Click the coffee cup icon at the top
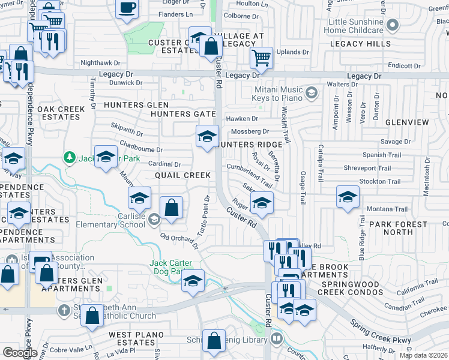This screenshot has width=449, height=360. pyautogui.click(x=127, y=8)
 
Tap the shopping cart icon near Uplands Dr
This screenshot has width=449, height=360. pyautogui.click(x=261, y=58)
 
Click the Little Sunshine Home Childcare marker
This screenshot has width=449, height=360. pyautogui.click(x=393, y=25)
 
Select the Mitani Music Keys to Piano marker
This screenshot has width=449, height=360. pyautogui.click(x=312, y=93)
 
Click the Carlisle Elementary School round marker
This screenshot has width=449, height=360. pyautogui.click(x=154, y=219)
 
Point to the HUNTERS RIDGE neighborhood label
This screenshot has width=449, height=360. pyautogui.click(x=251, y=145)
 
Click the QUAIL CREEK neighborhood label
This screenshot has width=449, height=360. pyautogui.click(x=182, y=175)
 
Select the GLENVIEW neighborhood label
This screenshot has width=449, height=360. pyautogui.click(x=408, y=122)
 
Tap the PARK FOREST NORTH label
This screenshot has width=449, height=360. pyautogui.click(x=399, y=228)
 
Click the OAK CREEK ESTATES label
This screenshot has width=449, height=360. pyautogui.click(x=59, y=113)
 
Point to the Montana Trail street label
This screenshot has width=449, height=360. pyautogui.click(x=387, y=209)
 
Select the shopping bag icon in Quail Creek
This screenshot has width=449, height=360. pyautogui.click(x=172, y=207)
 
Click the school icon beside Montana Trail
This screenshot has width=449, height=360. pyautogui.click(x=348, y=197)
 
